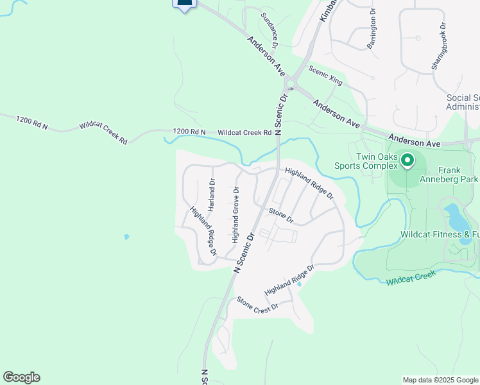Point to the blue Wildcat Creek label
coord(411,277)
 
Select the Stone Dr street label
coord(281,216)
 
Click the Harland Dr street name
coord(212,195)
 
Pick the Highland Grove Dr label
coord(236,215)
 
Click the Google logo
coord(21,377)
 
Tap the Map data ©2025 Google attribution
coord(440,380)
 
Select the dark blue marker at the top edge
coord(184,4)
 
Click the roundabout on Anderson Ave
coord(290,84)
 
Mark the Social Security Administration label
coord(463,102)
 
